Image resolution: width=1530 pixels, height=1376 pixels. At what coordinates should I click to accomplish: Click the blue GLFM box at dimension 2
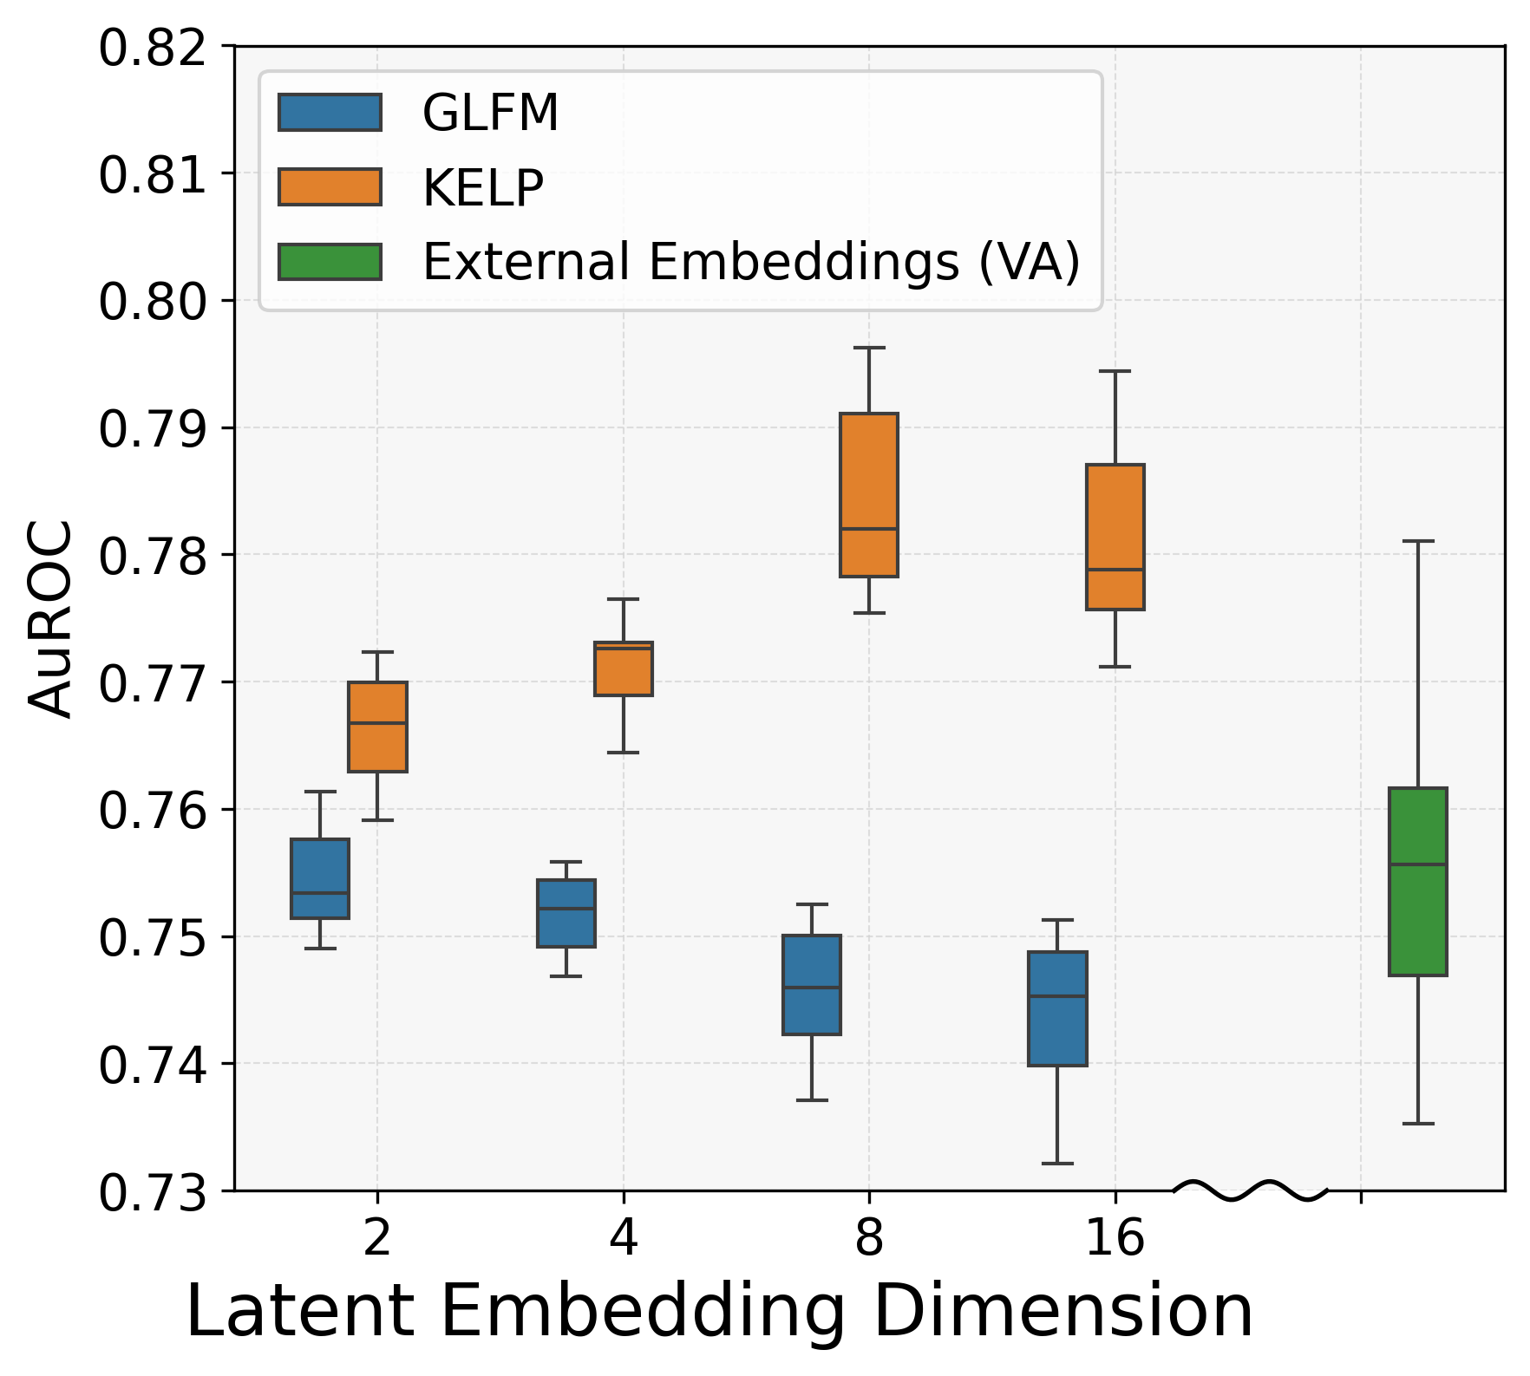pyautogui.click(x=320, y=877)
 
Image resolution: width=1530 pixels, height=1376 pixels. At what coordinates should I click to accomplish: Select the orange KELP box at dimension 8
pyautogui.click(x=869, y=494)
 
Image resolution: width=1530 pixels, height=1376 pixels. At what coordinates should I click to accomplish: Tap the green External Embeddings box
pyautogui.click(x=1418, y=881)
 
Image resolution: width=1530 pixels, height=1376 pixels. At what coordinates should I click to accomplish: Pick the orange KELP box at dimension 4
pyautogui.click(x=623, y=668)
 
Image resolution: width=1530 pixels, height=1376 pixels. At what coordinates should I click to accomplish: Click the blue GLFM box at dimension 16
pyautogui.click(x=1057, y=1008)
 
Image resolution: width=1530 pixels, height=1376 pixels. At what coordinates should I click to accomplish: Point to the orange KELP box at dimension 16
pyautogui.click(x=1115, y=537)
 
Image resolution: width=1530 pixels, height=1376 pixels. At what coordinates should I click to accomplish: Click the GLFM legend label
pyautogui.click(x=490, y=113)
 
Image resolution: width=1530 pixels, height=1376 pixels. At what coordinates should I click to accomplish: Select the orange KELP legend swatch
pyautogui.click(x=330, y=186)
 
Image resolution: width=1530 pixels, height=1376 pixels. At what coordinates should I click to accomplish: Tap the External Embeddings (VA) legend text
pyautogui.click(x=751, y=262)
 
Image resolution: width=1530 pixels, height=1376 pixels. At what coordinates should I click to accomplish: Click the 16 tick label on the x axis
pyautogui.click(x=1115, y=1237)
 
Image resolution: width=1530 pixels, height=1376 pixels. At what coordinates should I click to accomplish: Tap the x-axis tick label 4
pyautogui.click(x=623, y=1237)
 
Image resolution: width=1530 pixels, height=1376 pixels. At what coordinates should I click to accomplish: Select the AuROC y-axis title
pyautogui.click(x=50, y=617)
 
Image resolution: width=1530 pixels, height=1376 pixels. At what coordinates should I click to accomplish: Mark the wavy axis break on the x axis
pyautogui.click(x=1251, y=1190)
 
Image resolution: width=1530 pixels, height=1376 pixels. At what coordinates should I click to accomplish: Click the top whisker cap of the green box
pyautogui.click(x=1418, y=541)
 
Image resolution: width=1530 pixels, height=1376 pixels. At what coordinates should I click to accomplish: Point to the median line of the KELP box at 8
pyautogui.click(x=869, y=528)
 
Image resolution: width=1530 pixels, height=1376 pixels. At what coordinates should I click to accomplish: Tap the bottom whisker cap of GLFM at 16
pyautogui.click(x=1057, y=1163)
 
